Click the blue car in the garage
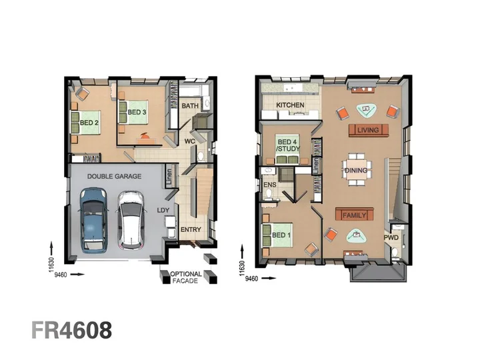point(93,220)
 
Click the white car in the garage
point(131,220)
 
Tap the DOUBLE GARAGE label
point(114,176)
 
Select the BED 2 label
point(89,123)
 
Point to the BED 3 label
point(137,113)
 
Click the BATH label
point(190,106)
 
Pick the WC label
point(190,141)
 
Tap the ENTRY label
point(191,229)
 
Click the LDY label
point(163,210)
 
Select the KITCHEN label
point(290,105)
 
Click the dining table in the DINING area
point(356,169)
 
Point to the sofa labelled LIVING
point(369,131)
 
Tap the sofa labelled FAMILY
point(355,214)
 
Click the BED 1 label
point(281,235)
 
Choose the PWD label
point(391,237)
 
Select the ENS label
point(270,185)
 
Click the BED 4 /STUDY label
point(287,145)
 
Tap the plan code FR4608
point(72,330)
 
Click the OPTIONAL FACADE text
point(186,277)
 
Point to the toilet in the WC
point(201,156)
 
